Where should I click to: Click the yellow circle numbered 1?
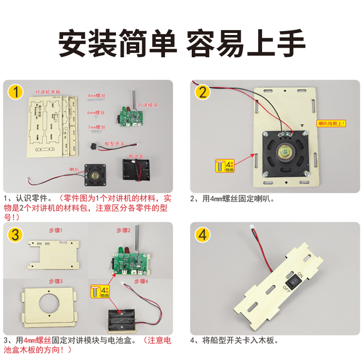pos(17,92)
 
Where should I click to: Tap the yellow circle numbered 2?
pos(203,92)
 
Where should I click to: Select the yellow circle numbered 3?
pos(17,235)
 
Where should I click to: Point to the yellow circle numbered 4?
pos(203,235)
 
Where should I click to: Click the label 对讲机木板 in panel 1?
pos(48,92)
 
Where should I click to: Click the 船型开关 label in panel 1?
pos(115,144)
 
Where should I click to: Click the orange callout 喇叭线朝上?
pos(331,123)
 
